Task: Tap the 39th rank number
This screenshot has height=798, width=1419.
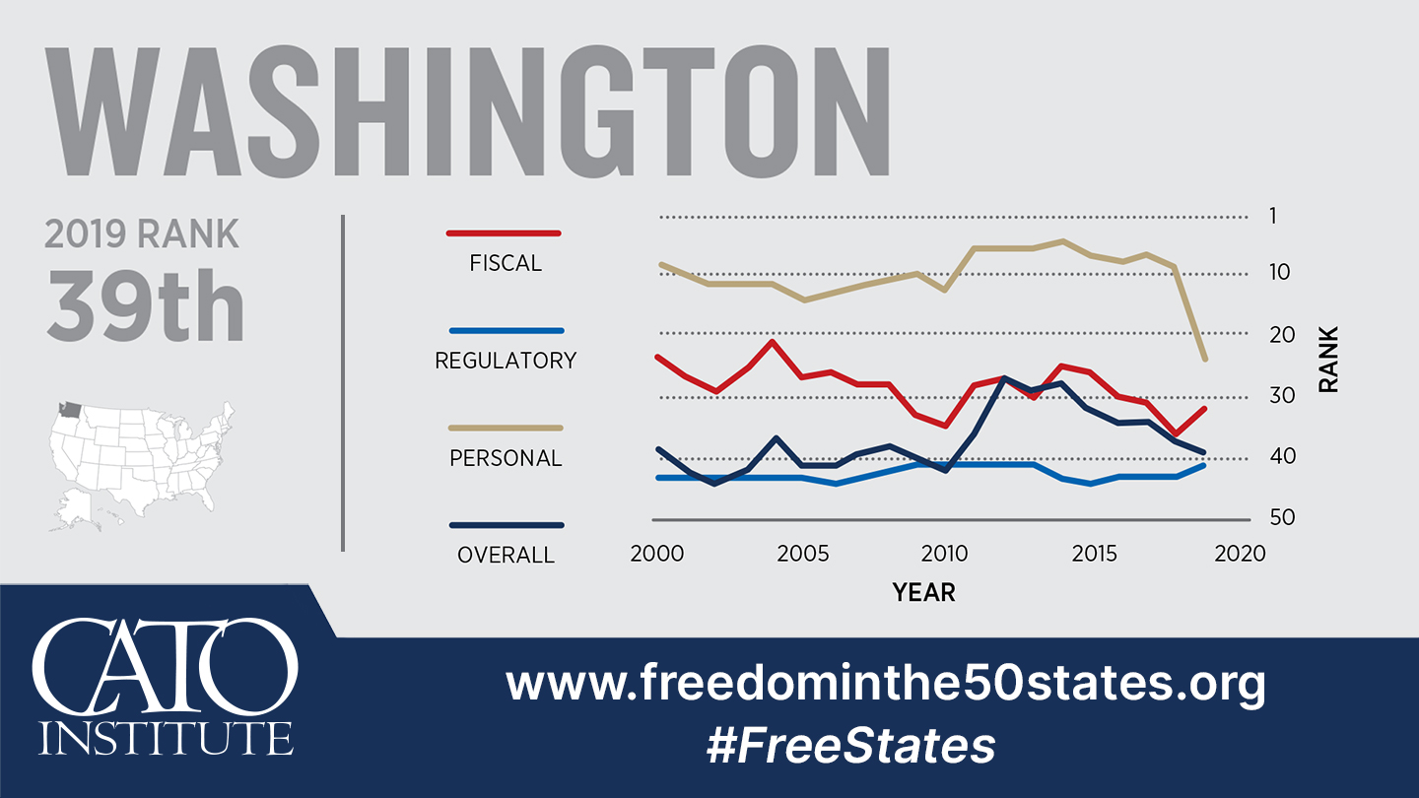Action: [145, 305]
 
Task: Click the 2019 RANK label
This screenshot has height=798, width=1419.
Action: [142, 234]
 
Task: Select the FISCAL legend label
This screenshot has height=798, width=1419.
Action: [506, 263]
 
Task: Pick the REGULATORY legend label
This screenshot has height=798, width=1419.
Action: [506, 361]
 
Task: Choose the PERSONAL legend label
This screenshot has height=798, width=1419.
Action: [506, 458]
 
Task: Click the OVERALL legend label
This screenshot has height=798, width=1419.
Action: [506, 555]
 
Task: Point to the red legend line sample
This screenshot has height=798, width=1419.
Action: [504, 233]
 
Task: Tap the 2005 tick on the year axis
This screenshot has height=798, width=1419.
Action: [802, 554]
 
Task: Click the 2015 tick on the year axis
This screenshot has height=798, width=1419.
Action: [1094, 554]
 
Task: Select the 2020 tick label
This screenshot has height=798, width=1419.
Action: [1240, 554]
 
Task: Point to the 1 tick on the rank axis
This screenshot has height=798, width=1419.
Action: [1272, 216]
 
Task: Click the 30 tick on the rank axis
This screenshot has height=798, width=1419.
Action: [1280, 395]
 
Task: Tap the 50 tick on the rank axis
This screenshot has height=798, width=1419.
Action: [1280, 517]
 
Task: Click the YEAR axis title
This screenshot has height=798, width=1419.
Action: [923, 592]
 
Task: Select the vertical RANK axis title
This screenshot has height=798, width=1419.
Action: [1328, 360]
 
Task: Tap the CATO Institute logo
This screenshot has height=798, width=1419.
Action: [166, 688]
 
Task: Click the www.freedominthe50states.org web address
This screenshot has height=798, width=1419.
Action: [885, 682]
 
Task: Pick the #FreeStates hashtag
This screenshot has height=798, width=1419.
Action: [850, 746]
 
